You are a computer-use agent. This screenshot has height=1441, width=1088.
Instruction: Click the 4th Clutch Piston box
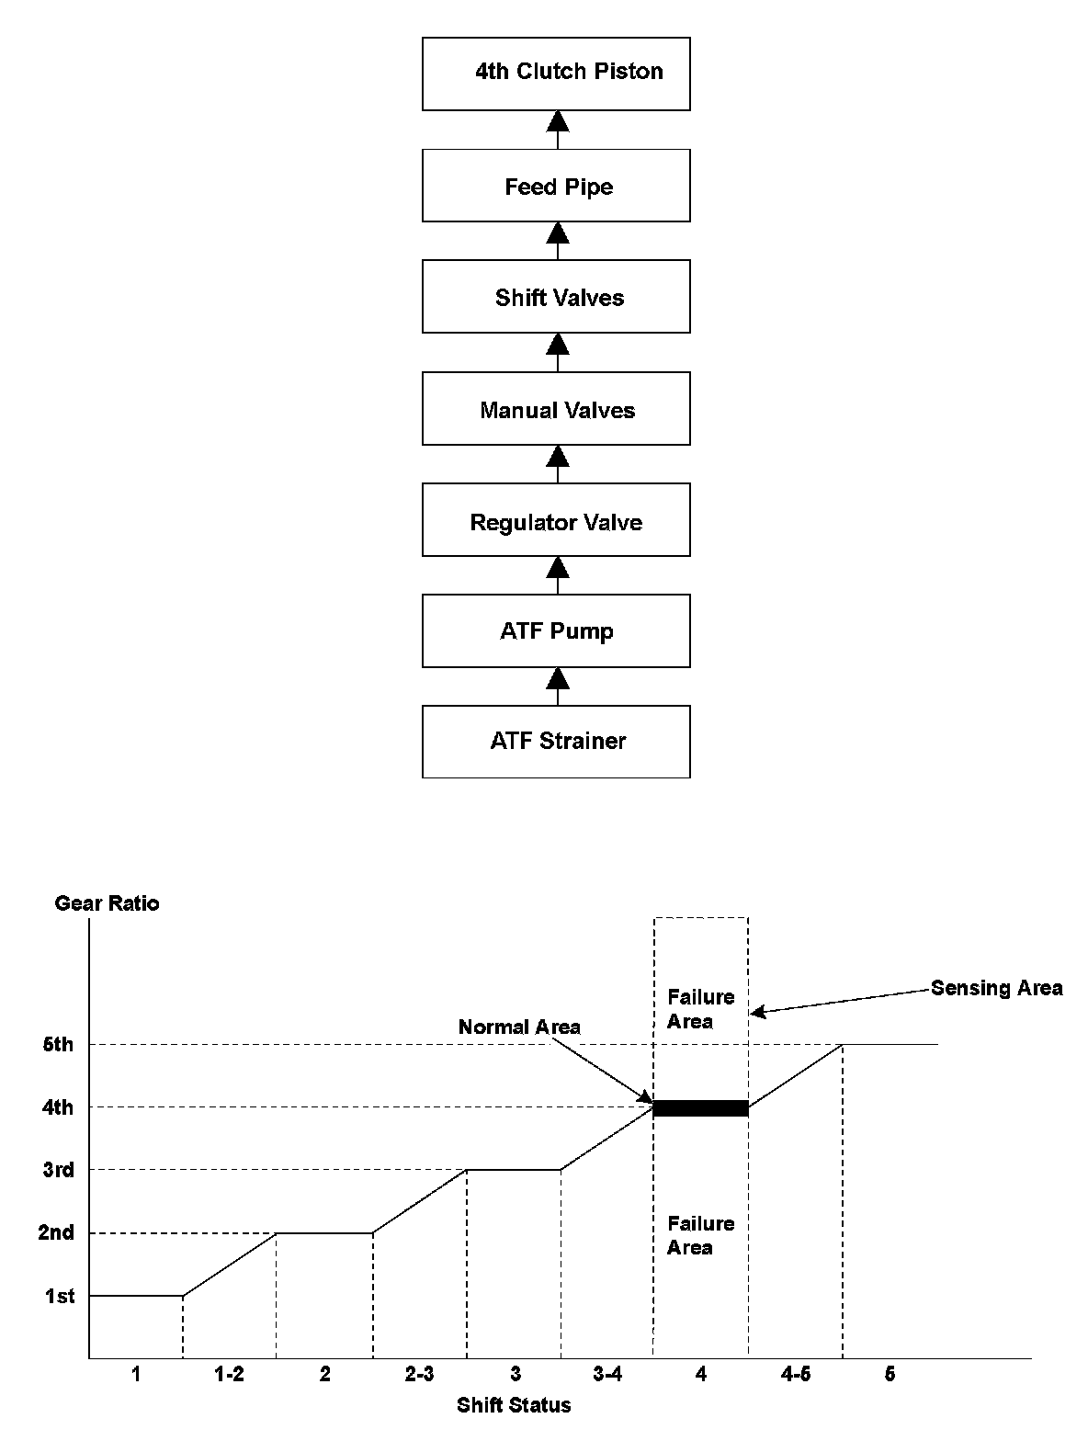coord(556,74)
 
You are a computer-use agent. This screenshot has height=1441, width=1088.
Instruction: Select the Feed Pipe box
coord(556,187)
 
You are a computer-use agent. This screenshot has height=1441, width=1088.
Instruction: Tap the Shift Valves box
coord(556,297)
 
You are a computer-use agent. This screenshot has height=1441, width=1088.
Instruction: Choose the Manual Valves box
coord(556,409)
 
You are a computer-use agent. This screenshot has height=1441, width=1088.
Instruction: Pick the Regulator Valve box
coord(556,522)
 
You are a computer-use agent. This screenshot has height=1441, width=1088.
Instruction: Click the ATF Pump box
coord(556,630)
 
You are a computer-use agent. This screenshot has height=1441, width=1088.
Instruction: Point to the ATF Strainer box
coord(556,741)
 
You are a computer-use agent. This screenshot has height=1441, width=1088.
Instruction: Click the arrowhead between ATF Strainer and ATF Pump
coord(557,679)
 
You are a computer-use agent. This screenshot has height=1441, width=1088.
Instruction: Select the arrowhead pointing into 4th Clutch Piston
coord(557,119)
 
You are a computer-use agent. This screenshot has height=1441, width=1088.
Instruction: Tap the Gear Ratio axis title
coord(107,902)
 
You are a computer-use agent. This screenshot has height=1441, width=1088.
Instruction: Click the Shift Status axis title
coord(514,1404)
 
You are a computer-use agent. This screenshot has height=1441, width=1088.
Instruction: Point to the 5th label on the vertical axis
coord(57,1045)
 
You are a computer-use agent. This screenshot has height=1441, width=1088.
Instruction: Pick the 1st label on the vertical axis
coord(60,1297)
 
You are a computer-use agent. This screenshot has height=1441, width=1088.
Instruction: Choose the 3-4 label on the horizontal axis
coord(607,1375)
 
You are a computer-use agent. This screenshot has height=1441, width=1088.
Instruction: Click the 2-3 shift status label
coord(419,1375)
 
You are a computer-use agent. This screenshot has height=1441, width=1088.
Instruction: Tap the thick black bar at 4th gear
coord(700,1108)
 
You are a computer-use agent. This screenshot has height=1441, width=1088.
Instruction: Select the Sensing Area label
coord(996,988)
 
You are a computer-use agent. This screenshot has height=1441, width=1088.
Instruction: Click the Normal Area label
coord(519,1027)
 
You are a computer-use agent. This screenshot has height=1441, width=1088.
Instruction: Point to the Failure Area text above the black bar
coord(700,1008)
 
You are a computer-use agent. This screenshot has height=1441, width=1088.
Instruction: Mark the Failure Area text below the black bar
coord(700,1235)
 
